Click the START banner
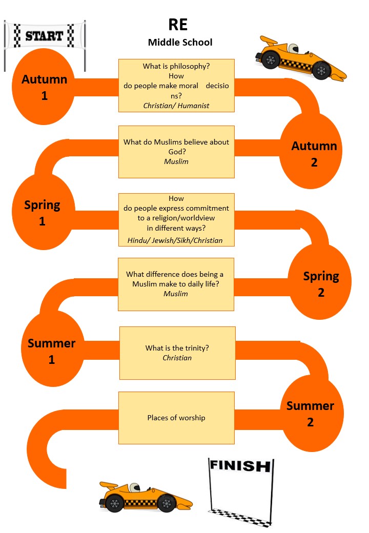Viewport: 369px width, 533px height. point(45,36)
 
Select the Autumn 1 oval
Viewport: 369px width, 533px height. point(45,87)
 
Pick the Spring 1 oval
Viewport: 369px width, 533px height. point(43,213)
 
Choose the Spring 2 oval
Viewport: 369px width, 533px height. point(321,284)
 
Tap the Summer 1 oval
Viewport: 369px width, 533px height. point(52,351)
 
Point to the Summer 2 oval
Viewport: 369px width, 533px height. point(310,414)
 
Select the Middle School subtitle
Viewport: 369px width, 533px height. point(180,42)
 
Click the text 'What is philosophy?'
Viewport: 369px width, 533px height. point(176,66)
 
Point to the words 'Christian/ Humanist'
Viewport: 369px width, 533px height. point(176,106)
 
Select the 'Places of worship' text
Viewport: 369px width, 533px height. point(176,418)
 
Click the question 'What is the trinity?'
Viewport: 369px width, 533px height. point(177,348)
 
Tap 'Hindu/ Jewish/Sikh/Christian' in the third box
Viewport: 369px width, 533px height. point(175,240)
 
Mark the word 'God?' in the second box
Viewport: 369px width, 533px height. point(176,152)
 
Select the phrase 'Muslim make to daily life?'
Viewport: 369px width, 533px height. point(176,284)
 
